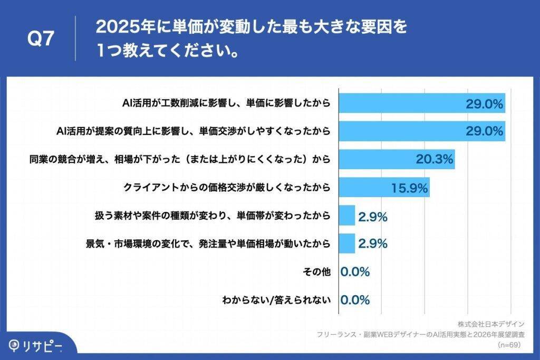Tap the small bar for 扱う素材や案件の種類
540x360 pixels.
(346, 216)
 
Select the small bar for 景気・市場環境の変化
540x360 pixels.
(346, 244)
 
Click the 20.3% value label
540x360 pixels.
(435, 160)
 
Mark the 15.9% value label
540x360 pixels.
(409, 188)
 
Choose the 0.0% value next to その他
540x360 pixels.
(355, 272)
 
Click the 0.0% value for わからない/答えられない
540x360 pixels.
(355, 300)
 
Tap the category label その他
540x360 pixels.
(316, 272)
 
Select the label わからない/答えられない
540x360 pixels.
(276, 300)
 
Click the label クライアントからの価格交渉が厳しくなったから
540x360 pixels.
(227, 188)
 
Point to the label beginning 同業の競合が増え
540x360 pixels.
(180, 160)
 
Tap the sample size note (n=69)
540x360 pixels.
(509, 345)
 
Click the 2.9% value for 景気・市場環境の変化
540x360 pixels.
(373, 244)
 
